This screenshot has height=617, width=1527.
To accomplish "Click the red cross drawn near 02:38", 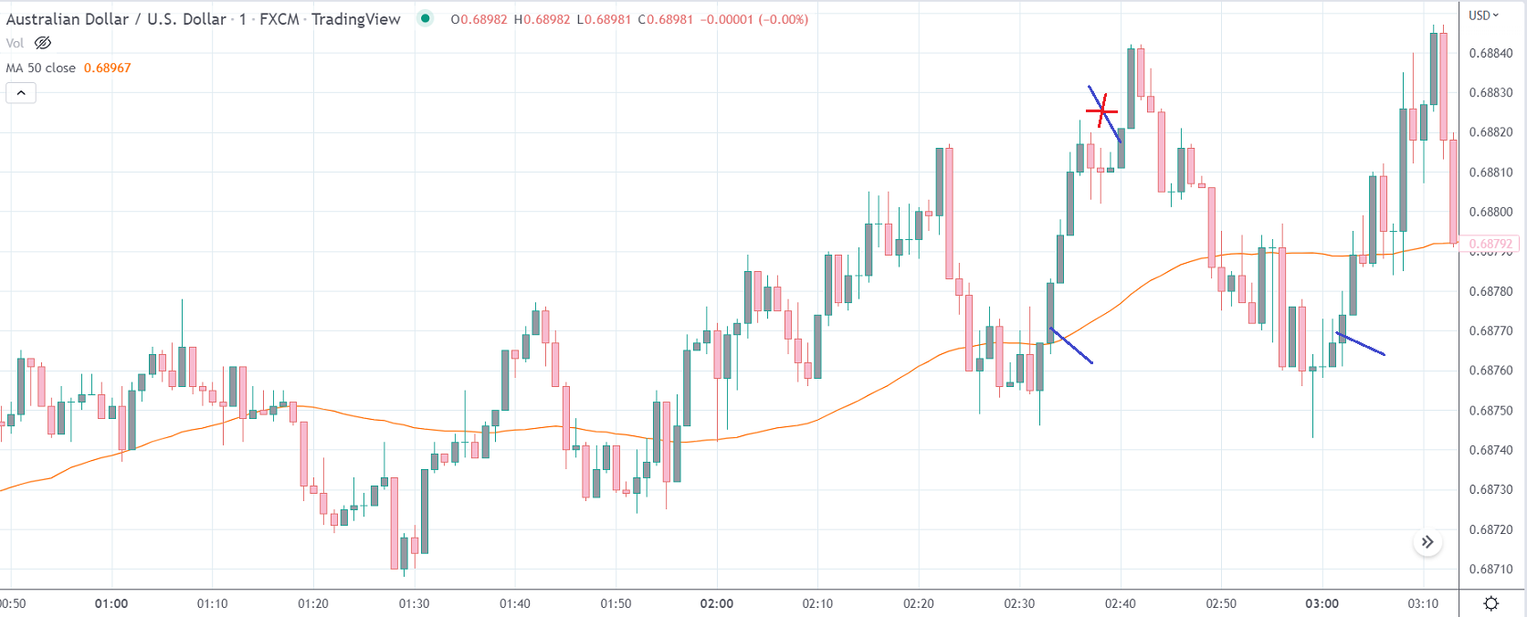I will [1101, 110].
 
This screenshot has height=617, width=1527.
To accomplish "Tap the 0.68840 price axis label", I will [1490, 53].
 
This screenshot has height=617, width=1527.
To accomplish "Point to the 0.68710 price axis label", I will [1490, 569].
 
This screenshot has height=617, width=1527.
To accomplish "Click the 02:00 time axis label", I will [717, 603].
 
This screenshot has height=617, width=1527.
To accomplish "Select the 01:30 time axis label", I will [414, 603].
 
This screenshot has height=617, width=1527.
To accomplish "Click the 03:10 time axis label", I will [1423, 603].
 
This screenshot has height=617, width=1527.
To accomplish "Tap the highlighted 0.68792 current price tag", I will [1490, 244].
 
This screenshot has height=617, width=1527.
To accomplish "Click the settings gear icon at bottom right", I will [1491, 603].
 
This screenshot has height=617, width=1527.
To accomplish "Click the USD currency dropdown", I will [1484, 16].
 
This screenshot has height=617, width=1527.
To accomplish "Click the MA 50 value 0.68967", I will [107, 68].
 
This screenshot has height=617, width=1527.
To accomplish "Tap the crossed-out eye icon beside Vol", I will [43, 43].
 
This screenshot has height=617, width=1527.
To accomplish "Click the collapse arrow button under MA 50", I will [21, 92].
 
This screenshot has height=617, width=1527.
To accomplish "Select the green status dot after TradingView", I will [426, 18].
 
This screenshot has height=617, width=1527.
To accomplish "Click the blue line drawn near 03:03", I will [1361, 343].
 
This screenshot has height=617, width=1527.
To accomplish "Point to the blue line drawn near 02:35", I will [1071, 346].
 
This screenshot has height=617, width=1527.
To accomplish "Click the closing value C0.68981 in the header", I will [666, 19].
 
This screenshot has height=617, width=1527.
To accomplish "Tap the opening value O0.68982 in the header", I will [479, 19].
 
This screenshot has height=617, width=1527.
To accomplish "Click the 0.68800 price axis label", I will [1490, 212].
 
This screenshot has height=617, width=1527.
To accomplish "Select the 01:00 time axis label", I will [111, 603].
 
